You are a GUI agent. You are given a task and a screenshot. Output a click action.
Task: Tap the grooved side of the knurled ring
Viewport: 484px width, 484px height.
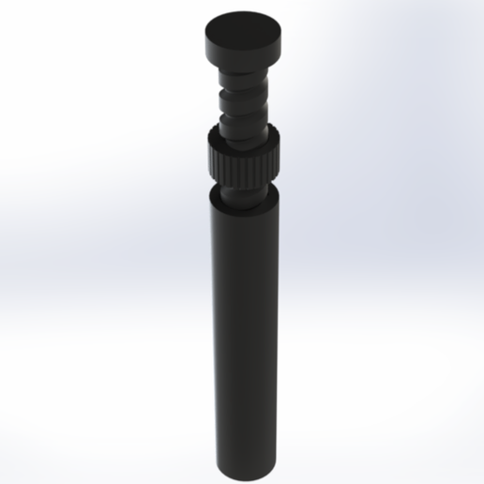241,164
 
